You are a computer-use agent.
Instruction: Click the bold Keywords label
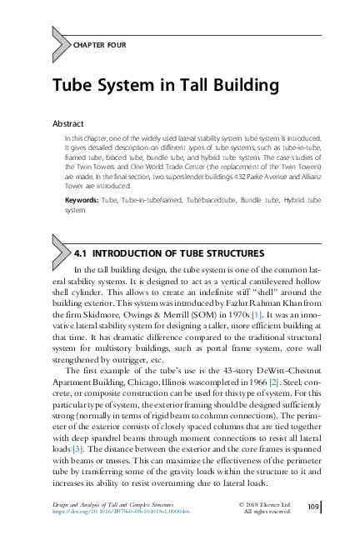(81, 201)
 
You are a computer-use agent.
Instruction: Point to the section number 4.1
(82, 251)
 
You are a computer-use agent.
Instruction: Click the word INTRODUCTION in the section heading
(132, 251)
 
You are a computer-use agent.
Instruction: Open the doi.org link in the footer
(121, 512)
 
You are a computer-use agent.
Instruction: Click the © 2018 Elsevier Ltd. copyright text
(263, 503)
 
